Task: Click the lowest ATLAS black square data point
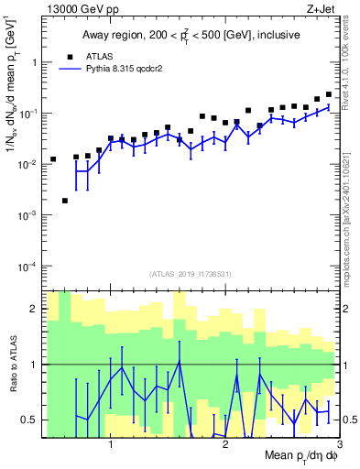[x=65, y=201]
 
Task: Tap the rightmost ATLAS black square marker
[x=329, y=93]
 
